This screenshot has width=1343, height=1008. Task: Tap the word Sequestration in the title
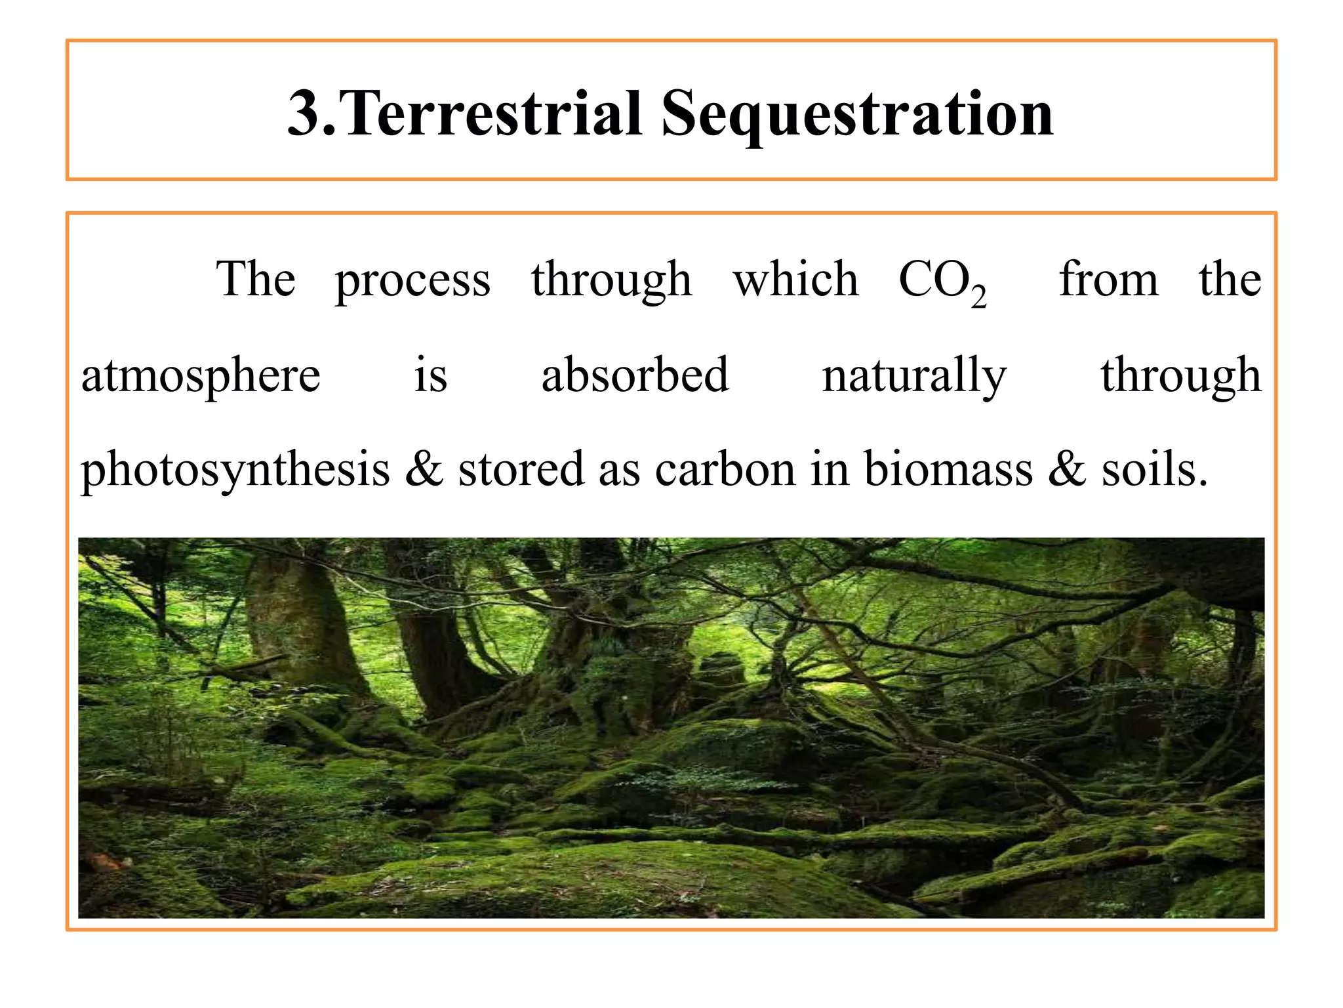pos(856,115)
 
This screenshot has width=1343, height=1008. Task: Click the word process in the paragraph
pos(412,281)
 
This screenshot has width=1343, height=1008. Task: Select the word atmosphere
pos(201,377)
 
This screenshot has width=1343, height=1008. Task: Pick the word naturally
pos(914,377)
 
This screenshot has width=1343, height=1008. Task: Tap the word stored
pos(521,470)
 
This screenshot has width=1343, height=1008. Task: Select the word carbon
pos(725,470)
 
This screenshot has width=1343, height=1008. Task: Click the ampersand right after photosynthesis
pos(424,470)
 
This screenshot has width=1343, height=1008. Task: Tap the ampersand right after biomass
pos(1067,470)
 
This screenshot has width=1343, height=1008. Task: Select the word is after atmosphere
pos(430,376)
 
